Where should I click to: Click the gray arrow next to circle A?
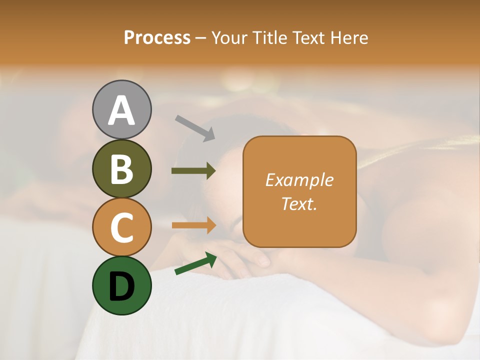tap(195, 128)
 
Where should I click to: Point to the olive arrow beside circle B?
tap(193, 171)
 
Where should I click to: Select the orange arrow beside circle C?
tap(193, 225)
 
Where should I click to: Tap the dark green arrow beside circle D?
tap(195, 263)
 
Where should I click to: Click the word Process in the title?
tap(157, 38)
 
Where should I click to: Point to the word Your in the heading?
tap(230, 38)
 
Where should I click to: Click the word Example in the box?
tap(299, 180)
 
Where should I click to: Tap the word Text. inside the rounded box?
tap(299, 203)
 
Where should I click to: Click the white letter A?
tap(121, 110)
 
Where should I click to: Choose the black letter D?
tap(121, 286)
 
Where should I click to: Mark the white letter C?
tap(121, 228)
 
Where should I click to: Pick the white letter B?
tap(121, 169)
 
